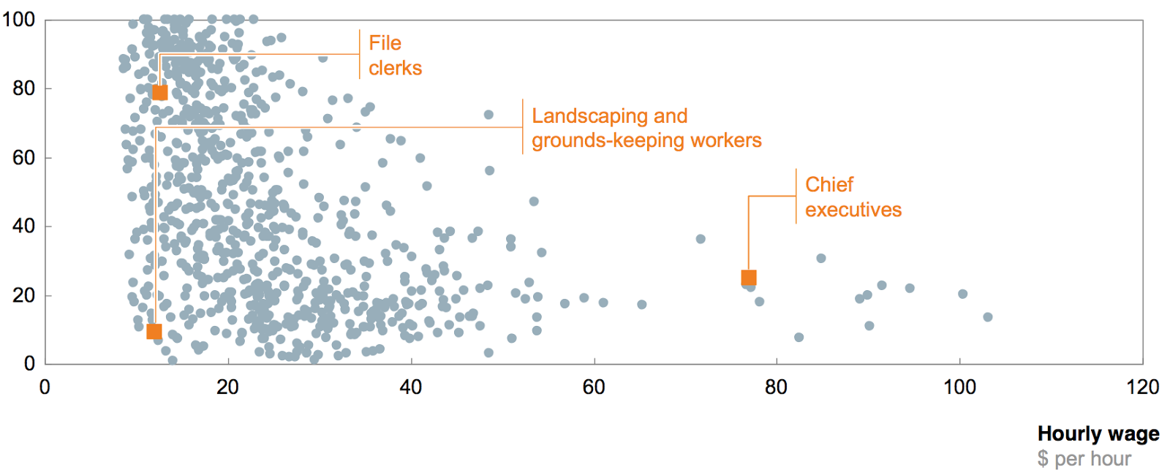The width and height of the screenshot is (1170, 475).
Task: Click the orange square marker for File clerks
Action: pyautogui.click(x=159, y=93)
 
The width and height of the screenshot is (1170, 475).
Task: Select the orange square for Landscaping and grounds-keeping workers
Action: pyautogui.click(x=154, y=332)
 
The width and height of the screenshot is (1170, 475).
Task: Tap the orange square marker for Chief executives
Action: pyautogui.click(x=749, y=278)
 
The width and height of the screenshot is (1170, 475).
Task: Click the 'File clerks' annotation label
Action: pyautogui.click(x=395, y=56)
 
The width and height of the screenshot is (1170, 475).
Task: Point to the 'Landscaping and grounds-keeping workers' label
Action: pyautogui.click(x=646, y=128)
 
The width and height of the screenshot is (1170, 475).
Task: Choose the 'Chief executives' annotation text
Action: pyautogui.click(x=853, y=197)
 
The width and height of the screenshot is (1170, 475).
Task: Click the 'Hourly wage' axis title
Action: pyautogui.click(x=1098, y=434)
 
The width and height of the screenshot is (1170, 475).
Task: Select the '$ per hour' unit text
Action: pyautogui.click(x=1084, y=459)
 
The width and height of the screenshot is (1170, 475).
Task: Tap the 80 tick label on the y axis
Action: pyautogui.click(x=23, y=88)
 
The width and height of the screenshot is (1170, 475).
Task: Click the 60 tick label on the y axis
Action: pyautogui.click(x=23, y=157)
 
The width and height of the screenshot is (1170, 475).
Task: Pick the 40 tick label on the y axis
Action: pyautogui.click(x=23, y=226)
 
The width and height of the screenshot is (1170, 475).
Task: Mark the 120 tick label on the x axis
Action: pyautogui.click(x=1142, y=387)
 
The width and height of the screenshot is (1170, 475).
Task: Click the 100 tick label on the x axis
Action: pyautogui.click(x=959, y=387)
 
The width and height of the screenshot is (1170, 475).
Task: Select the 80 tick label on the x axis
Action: pyautogui.click(x=777, y=387)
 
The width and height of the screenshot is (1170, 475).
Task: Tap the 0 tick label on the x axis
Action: pyautogui.click(x=45, y=387)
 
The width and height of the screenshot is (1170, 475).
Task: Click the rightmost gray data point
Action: pyautogui.click(x=988, y=317)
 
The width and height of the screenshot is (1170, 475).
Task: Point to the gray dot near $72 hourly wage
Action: pyautogui.click(x=701, y=239)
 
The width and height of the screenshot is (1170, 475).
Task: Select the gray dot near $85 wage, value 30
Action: pyautogui.click(x=821, y=258)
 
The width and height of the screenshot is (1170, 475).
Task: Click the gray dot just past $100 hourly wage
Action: pyautogui.click(x=963, y=294)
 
